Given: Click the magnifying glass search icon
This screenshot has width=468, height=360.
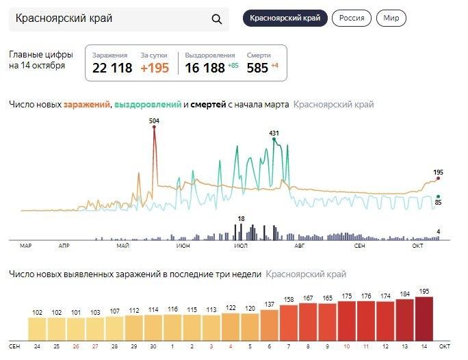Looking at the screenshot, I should pos(217,19).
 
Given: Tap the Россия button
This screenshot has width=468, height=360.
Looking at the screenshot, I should pos(352,18).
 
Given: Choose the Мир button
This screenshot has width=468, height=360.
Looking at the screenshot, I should pos(391,18).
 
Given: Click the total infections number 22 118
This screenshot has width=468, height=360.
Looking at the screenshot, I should pos(112,68).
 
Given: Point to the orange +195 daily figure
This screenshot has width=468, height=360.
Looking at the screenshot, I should pos(155,68).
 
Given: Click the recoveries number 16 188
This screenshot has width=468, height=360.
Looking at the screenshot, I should pos(205,68).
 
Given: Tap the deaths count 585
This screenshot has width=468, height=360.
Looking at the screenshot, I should pos(257,68).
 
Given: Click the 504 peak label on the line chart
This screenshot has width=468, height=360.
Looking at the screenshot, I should pos(155,120).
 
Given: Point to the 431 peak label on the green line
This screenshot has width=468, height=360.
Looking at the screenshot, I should pos(274,133).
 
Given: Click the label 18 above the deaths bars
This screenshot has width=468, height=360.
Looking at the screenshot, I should pos(241,219).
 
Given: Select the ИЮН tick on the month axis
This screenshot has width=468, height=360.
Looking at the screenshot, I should pos(183,244).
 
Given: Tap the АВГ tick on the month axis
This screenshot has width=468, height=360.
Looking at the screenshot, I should pos(299,244).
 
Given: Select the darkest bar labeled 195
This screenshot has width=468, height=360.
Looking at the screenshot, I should pos(424,318).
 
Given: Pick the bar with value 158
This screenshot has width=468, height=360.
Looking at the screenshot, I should pos(288,322).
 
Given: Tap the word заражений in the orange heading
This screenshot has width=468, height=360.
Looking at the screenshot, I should pos(87,105).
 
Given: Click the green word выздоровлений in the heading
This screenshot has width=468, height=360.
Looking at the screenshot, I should pos(148,105).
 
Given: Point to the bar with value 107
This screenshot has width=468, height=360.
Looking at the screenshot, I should pos(114,328).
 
